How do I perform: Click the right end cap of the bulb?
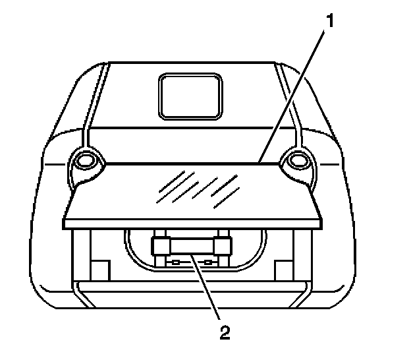tap(223, 247)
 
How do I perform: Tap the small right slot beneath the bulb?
tap(209, 262)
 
